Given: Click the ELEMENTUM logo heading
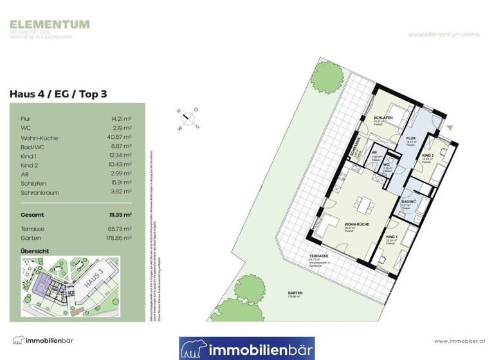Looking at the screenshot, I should pos(50,25).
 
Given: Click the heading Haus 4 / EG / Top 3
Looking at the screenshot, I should pos(58,94).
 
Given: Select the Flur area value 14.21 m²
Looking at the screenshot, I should pos(121,119).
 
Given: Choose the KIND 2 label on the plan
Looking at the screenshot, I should pos(429,157).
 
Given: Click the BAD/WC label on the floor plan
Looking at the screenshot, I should pos(409,201).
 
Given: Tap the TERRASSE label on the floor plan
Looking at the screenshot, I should pos(318,256).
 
